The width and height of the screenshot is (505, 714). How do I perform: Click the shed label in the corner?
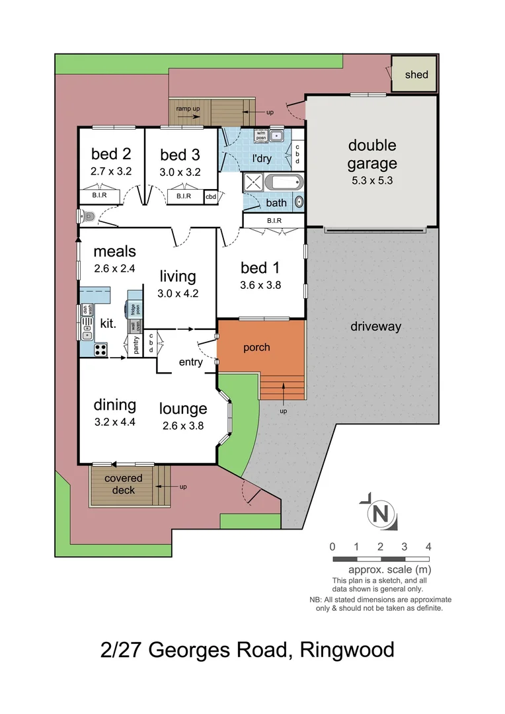[x=416, y=74]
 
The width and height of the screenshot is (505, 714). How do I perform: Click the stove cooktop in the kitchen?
[x=100, y=350]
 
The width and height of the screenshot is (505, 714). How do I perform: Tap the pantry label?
[x=136, y=346]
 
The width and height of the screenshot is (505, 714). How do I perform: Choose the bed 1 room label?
[x=259, y=268]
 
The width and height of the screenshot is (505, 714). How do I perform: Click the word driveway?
[x=376, y=326]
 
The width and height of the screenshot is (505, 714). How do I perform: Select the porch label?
[x=256, y=347]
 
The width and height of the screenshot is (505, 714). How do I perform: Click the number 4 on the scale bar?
[x=428, y=547]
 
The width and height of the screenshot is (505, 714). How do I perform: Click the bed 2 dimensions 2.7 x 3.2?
[x=111, y=171]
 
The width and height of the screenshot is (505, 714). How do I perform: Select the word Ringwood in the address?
[x=347, y=649]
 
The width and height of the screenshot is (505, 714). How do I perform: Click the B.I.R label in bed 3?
[x=183, y=196]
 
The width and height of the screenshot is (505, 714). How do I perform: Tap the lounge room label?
[x=183, y=409]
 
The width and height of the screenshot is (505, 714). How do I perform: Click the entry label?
[x=191, y=362]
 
